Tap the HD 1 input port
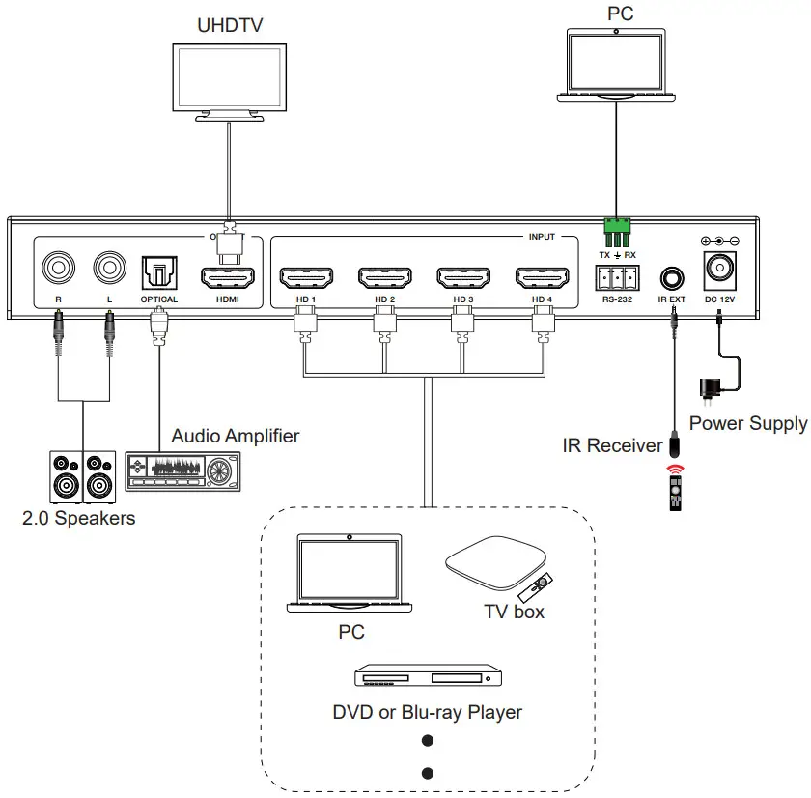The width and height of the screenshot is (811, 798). [306, 277]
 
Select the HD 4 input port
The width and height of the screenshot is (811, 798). [543, 277]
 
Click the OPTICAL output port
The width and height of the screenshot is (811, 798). [158, 271]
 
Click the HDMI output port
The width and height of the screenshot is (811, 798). [227, 277]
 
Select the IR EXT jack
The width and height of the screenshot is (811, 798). [671, 278]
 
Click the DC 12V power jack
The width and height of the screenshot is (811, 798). [720, 269]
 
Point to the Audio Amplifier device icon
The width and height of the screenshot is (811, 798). [181, 473]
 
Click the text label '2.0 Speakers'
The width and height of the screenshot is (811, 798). [79, 519]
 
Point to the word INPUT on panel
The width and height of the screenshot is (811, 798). [542, 237]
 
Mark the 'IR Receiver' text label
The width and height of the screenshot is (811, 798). [612, 445]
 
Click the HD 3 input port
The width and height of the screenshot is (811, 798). [463, 277]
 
